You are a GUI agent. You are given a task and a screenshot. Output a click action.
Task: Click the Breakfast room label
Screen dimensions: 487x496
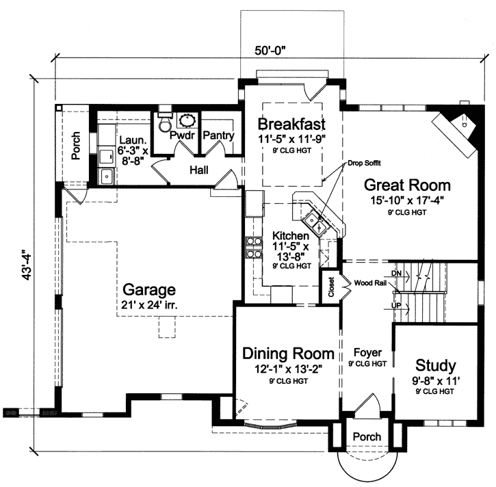point(291,124)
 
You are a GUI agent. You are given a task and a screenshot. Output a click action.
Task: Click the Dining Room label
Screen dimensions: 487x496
point(289,354)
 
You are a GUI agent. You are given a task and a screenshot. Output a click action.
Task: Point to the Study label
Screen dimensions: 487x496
point(435,365)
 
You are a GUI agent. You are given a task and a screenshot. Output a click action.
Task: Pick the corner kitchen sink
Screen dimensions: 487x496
point(314,220)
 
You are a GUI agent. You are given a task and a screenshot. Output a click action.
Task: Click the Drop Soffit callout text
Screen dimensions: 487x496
point(365,163)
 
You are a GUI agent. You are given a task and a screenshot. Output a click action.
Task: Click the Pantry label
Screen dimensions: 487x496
point(219,135)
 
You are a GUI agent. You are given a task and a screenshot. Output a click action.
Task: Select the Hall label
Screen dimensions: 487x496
point(199,169)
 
